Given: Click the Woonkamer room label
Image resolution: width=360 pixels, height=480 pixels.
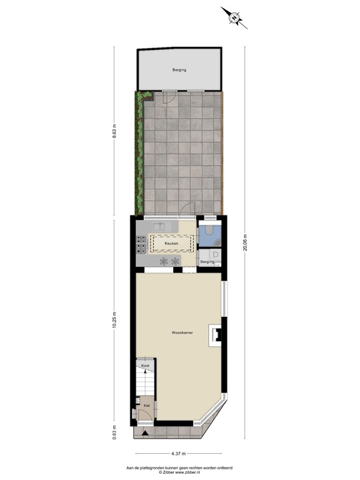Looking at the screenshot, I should tap(182, 333).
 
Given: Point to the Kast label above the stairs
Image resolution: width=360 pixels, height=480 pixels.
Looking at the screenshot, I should tap(145, 365).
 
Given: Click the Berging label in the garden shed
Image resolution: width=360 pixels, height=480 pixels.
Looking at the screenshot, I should tap(179, 70).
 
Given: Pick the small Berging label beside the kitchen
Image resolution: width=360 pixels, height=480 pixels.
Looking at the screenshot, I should tap(207, 261).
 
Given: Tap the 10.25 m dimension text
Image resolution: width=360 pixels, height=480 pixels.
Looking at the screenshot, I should tap(114, 319).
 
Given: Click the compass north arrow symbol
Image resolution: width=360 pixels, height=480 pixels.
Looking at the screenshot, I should tap(234, 17).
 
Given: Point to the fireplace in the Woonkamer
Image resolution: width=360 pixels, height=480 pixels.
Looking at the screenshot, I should tap(217, 336).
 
